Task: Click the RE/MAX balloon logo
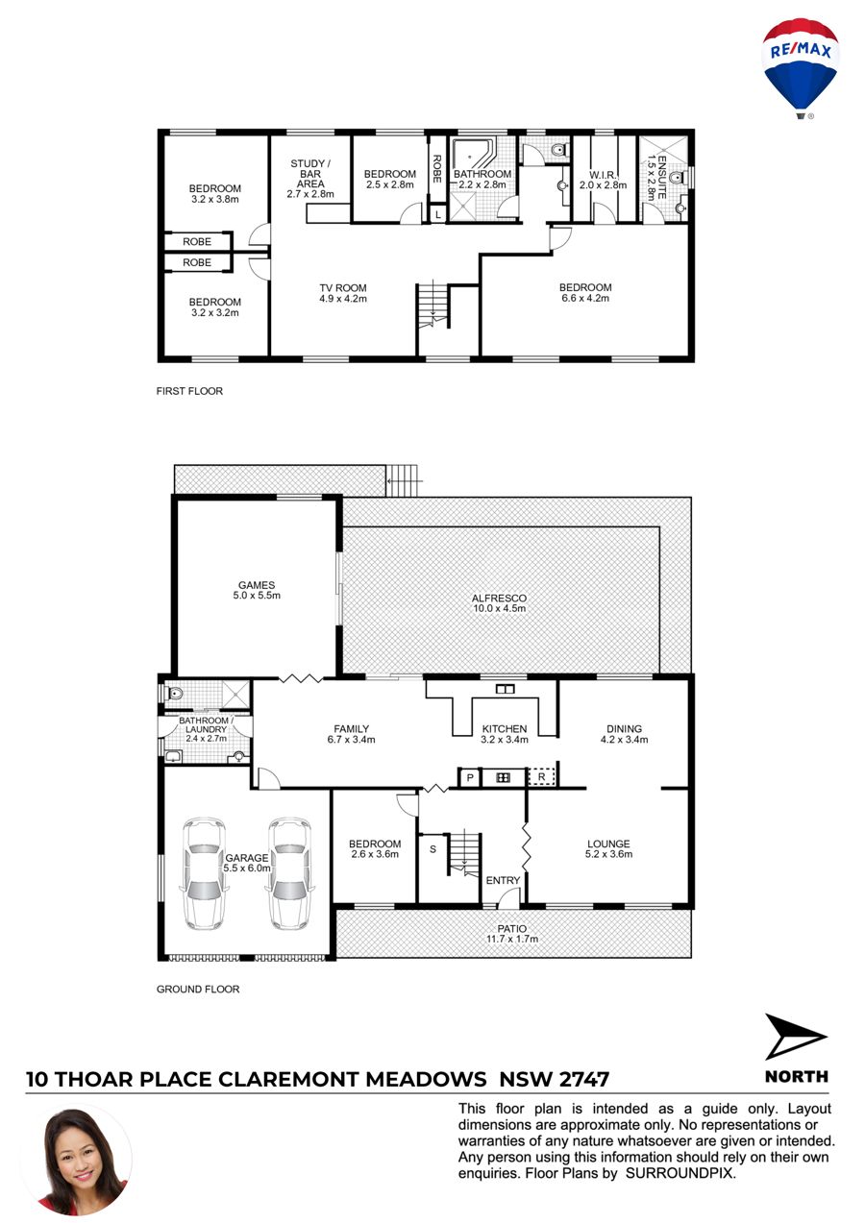click(800, 68)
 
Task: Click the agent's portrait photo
click(77, 1162)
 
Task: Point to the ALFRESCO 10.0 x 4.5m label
click(499, 603)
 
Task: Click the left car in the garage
click(203, 873)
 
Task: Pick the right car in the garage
click(289, 873)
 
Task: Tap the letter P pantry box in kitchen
click(470, 777)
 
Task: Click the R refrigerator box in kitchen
click(541, 777)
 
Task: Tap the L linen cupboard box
click(437, 215)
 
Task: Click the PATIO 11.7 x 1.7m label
click(512, 934)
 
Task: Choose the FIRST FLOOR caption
click(189, 391)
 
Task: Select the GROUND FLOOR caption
click(198, 989)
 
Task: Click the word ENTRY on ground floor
click(503, 880)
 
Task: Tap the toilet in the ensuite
click(676, 177)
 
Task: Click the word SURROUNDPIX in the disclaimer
click(680, 1173)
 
